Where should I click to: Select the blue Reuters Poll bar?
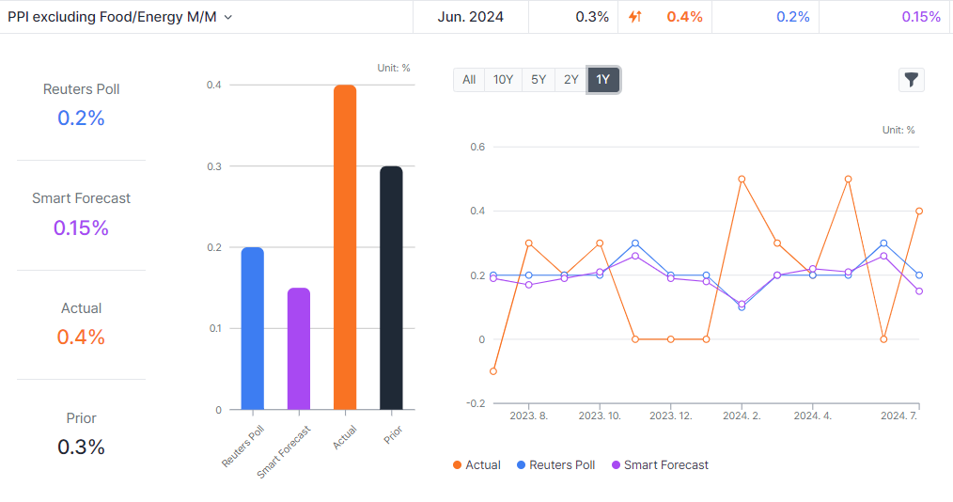[252, 328]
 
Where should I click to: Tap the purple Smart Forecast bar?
[298, 349]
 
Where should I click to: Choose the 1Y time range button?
[603, 80]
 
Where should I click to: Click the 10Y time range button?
[503, 80]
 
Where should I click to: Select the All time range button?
[469, 80]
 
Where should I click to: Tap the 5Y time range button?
[538, 80]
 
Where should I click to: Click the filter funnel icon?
[911, 80]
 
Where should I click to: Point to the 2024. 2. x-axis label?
[742, 415]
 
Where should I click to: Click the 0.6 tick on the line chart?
[477, 147]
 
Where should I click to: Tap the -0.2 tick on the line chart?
[476, 403]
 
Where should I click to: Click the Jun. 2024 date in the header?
[470, 17]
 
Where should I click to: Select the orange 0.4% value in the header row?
[684, 17]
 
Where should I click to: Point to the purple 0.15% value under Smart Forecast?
[81, 227]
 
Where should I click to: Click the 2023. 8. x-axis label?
[528, 415]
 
